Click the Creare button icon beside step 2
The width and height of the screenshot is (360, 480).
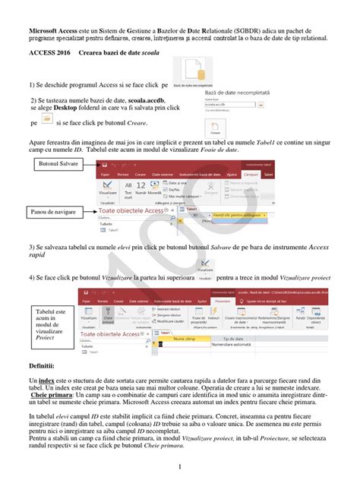[216, 128]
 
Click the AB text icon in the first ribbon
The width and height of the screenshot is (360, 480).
[129, 184]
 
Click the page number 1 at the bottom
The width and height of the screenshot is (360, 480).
[179, 466]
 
